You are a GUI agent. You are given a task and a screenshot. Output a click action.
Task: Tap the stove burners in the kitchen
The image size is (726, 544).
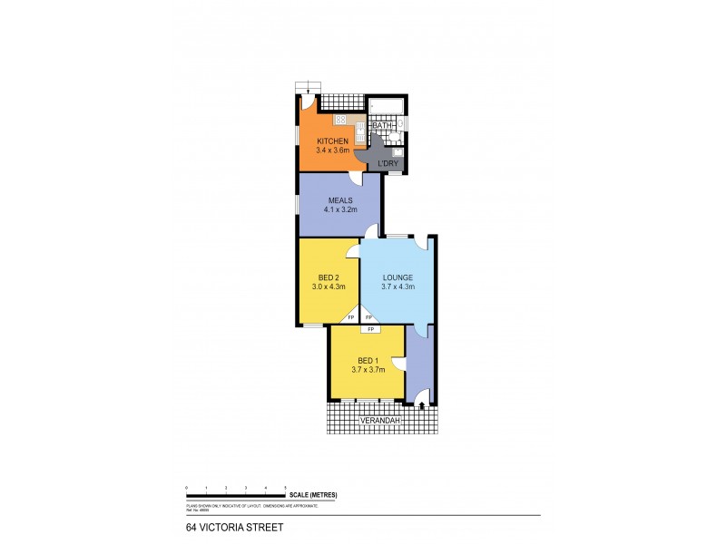pos(340,119)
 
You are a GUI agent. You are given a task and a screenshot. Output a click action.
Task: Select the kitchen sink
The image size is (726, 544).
pos(360,136)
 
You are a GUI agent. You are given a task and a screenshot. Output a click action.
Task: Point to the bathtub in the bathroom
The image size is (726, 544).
pos(386,110)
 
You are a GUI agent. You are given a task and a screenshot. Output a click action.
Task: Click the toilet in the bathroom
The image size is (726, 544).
pos(397,140)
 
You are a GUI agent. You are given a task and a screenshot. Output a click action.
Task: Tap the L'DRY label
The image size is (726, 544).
pos(388,163)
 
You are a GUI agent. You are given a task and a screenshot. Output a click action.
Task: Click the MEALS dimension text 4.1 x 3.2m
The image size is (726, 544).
pos(339,209)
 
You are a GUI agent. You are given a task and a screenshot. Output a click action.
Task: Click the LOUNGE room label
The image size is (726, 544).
pos(397,277)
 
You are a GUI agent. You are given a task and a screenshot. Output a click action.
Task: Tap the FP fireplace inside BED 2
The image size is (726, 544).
pos(351,318)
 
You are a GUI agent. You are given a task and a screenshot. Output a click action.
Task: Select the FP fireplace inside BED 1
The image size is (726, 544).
pos(370,328)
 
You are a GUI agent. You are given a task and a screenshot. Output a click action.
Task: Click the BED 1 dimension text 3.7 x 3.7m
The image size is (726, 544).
pos(368,369)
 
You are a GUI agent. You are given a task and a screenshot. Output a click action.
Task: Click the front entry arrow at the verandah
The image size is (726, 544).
pos(422,407)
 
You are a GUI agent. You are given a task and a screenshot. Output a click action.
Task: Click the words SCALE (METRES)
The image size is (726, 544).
pos(314,494)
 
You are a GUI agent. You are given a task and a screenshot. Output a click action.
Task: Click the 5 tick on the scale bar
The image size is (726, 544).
pos(286,489)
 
